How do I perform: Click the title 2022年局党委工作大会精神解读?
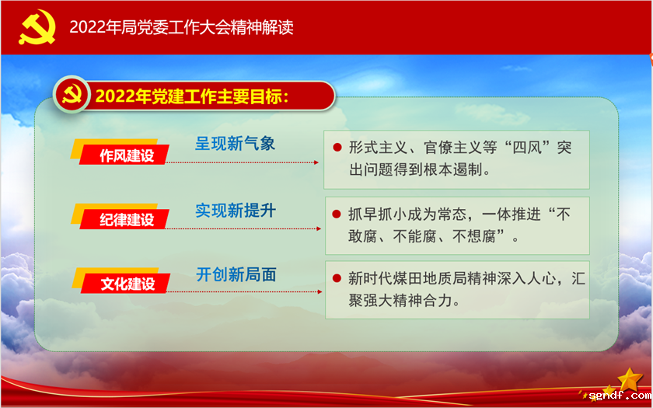point(181,27)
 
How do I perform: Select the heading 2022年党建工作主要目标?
point(192,96)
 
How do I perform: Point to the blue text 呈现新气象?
point(235,143)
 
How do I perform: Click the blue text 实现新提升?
point(235,210)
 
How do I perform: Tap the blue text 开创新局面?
point(236,274)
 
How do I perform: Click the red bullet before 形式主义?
point(337,148)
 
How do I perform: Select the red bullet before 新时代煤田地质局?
point(337,277)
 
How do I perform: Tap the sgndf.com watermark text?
point(618,396)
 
